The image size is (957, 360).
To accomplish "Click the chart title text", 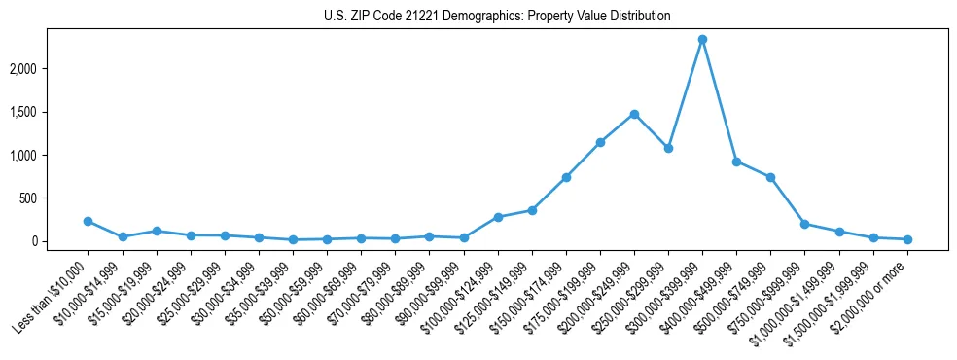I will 497,17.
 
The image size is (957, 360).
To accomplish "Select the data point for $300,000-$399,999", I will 702,40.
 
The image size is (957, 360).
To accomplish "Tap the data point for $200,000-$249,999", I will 634,114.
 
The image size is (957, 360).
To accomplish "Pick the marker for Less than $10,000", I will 88,221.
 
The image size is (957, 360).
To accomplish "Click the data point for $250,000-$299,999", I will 668,149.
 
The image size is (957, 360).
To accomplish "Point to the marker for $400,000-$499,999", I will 736,162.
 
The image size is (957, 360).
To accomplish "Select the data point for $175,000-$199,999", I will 600,142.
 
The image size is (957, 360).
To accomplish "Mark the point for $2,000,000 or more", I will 907,239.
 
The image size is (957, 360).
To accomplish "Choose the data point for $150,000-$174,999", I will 566,177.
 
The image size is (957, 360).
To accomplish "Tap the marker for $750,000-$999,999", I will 805,224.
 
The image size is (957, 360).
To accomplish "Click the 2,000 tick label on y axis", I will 52,69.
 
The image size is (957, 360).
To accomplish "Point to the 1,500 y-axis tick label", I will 52,112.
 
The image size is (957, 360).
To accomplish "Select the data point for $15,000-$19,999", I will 156,231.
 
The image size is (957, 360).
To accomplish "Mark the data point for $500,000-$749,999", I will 770,177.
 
